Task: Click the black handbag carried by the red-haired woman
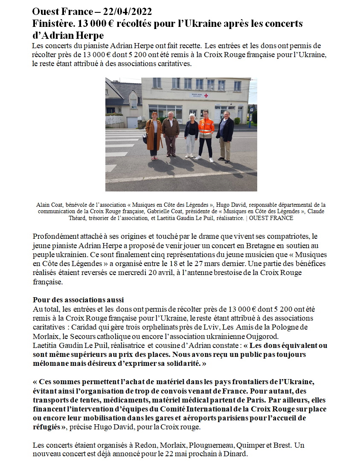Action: coord(145,139)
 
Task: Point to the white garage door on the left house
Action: coord(133,122)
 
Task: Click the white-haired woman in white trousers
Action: coord(191,133)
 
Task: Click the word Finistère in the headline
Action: coord(52,23)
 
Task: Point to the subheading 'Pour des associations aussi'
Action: coord(78,300)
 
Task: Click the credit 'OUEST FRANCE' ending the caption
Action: coord(271,218)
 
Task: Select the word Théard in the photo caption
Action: coord(79,218)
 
